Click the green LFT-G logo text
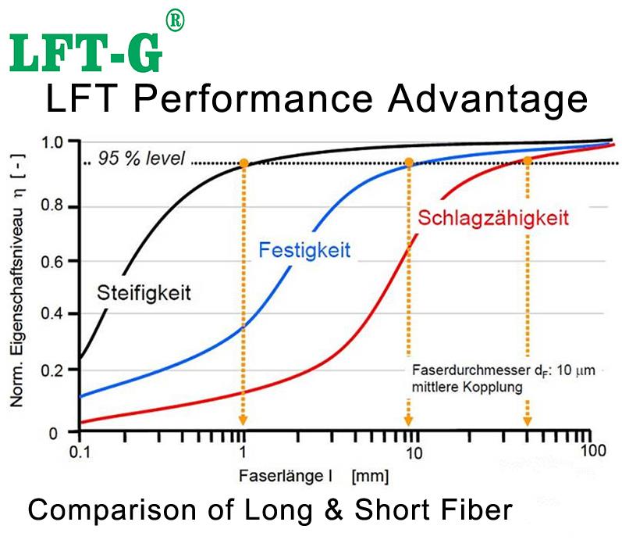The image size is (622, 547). pos(86,52)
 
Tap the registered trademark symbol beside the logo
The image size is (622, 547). pos(176,23)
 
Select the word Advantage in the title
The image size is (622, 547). pos(484,100)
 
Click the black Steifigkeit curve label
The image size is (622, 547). pos(144,294)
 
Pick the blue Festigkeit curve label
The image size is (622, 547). pos(305,251)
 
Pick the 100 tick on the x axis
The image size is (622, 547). pos(592,451)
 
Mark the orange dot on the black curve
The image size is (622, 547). pos(244,163)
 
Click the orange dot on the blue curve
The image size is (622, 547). pos(408,163)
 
